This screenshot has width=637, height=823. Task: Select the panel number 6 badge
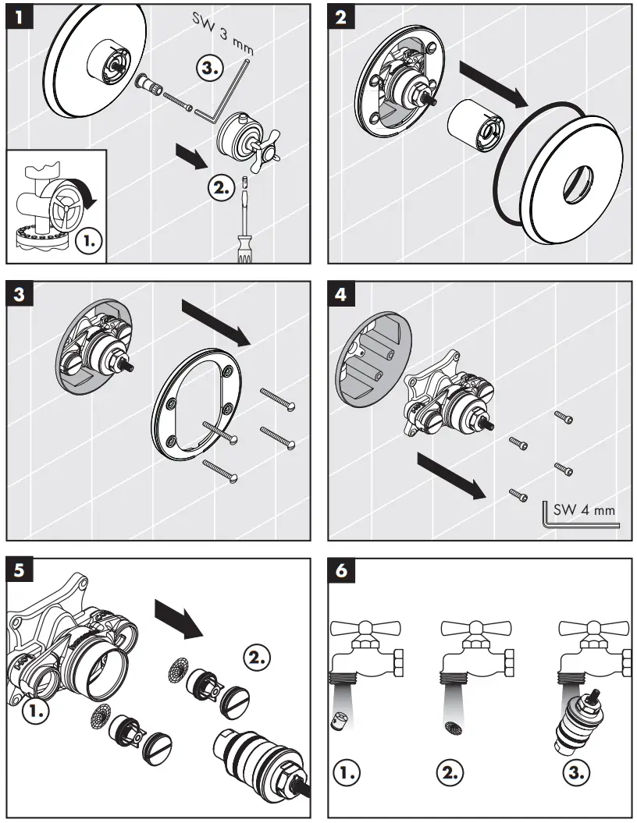click(340, 571)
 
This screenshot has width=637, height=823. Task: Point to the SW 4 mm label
click(583, 510)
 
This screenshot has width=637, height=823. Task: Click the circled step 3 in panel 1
click(210, 69)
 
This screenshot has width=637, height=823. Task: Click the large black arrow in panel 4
click(451, 474)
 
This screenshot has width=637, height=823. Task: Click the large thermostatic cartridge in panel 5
click(258, 757)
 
